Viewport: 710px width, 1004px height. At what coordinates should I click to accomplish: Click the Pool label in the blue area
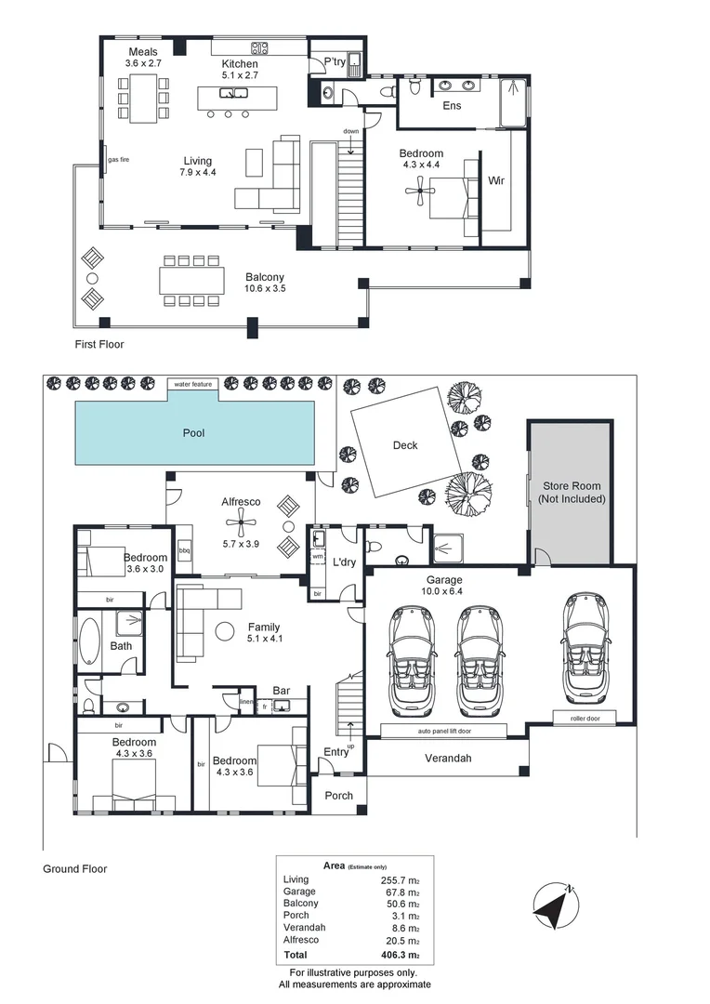tap(193, 433)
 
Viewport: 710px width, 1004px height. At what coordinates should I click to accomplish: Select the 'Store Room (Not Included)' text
tap(571, 492)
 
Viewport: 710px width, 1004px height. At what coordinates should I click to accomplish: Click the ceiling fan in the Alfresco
tap(242, 522)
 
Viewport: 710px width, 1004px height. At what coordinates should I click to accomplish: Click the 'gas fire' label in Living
tap(118, 160)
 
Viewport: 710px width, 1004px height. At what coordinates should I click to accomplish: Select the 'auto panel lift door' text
tap(445, 731)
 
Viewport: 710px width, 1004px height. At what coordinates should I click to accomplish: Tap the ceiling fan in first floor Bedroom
tap(421, 191)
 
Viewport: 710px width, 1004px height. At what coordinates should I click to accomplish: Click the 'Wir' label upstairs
tap(496, 180)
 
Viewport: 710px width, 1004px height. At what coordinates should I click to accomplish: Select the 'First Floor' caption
tap(99, 344)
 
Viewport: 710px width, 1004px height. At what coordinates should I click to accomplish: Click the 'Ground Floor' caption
tap(74, 869)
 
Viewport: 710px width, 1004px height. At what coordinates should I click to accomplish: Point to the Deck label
tap(405, 445)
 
